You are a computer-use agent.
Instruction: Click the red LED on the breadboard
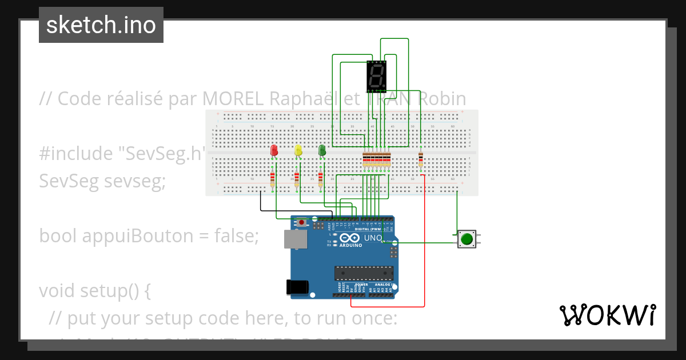(x=274, y=150)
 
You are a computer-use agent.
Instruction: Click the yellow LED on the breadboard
(x=298, y=150)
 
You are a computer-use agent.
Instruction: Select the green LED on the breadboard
(x=322, y=150)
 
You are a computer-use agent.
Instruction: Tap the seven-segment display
(x=376, y=77)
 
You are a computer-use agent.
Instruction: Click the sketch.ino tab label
(x=101, y=25)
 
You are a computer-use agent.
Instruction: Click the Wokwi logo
(x=607, y=315)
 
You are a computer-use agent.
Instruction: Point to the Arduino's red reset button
(x=301, y=222)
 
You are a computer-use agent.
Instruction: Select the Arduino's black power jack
(x=297, y=286)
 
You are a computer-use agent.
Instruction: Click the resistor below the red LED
(x=272, y=179)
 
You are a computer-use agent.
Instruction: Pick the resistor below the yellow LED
(x=297, y=179)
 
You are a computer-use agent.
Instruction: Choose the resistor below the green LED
(x=321, y=179)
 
